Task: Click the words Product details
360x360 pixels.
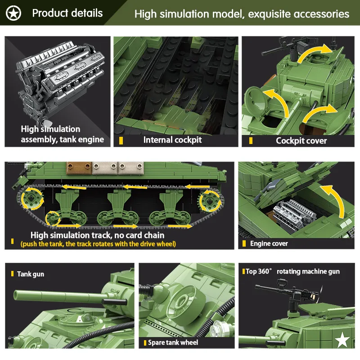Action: coord(67,13)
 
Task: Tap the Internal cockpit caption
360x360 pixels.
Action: coord(172,140)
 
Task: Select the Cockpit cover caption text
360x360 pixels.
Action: coord(301,141)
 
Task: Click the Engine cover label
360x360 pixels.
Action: coord(269,243)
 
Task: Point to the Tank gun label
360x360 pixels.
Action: coord(31,274)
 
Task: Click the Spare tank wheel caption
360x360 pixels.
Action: coord(173,342)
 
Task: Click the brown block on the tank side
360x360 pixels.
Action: coord(76,168)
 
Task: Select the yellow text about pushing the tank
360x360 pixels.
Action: coord(98,244)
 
